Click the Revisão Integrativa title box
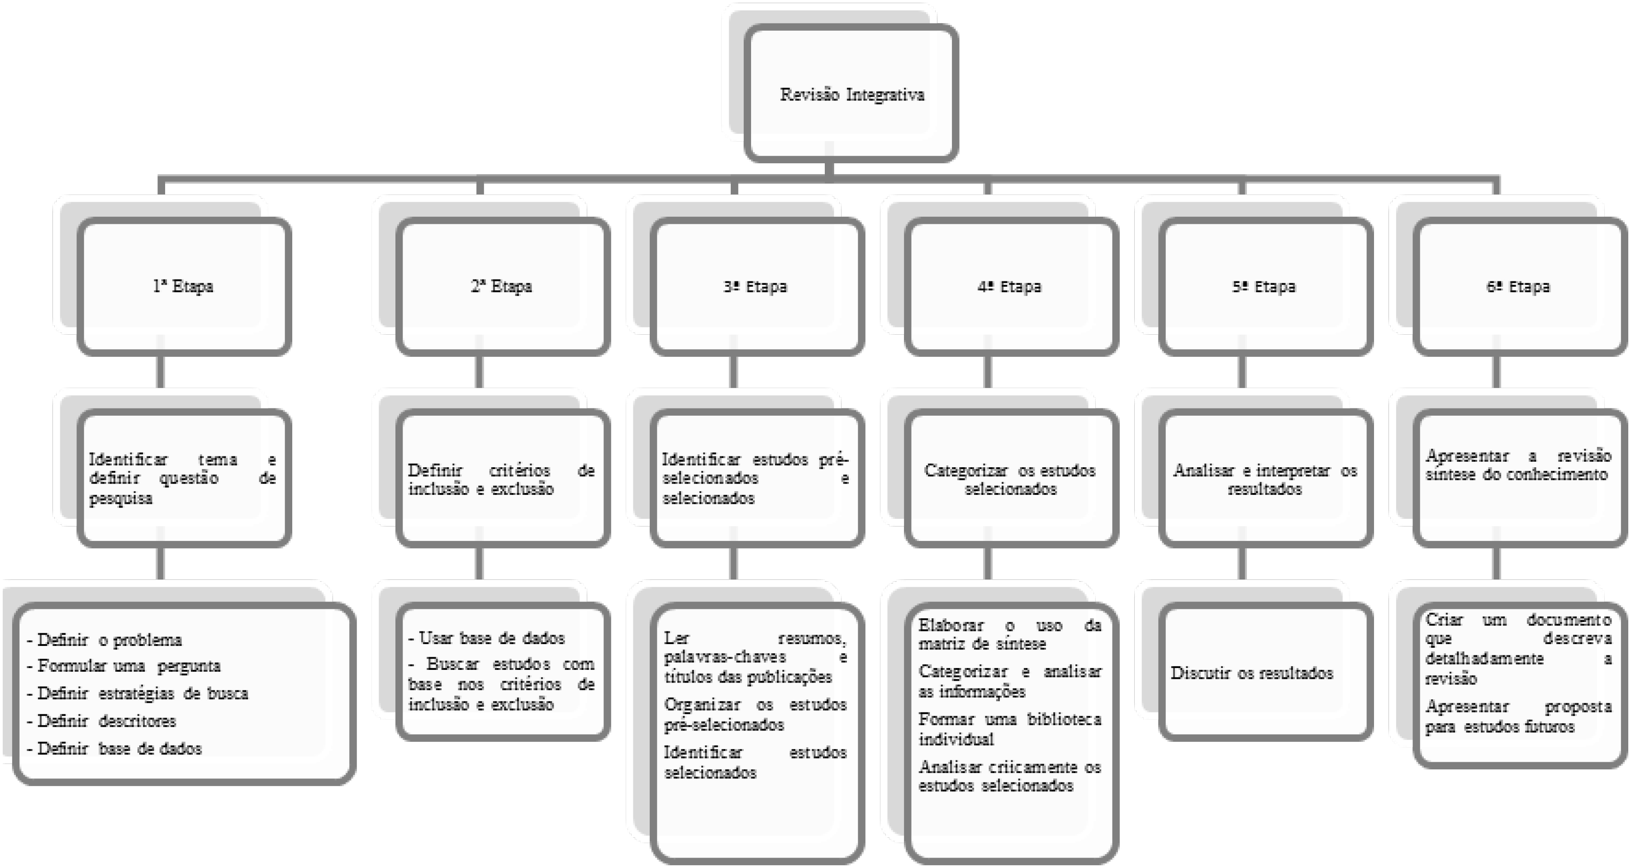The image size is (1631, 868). [851, 93]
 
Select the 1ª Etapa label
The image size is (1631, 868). [183, 286]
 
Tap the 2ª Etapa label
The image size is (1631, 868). [501, 286]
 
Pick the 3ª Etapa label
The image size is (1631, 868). [756, 286]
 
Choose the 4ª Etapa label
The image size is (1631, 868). [1009, 286]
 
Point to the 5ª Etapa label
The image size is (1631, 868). [1264, 286]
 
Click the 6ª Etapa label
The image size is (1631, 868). [1518, 286]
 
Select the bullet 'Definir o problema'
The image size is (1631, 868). [105, 640]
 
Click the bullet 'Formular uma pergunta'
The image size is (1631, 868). [124, 666]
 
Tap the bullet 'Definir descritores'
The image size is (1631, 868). [101, 721]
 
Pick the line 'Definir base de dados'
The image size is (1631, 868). [114, 748]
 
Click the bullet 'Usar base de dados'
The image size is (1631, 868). [486, 638]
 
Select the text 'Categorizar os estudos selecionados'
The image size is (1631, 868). [1010, 479]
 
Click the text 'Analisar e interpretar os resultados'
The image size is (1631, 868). [1265, 479]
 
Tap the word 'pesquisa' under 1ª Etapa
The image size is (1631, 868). [120, 499]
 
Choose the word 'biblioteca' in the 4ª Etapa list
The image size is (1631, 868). [1064, 719]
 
